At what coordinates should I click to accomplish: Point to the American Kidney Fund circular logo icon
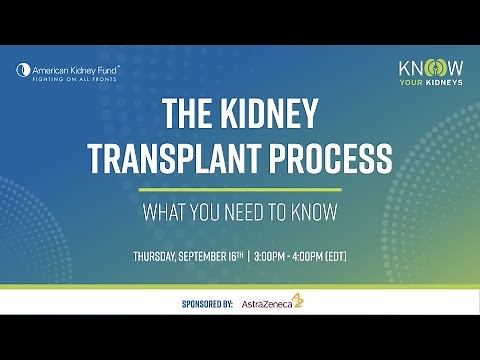(23, 71)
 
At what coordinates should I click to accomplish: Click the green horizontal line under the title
(240, 189)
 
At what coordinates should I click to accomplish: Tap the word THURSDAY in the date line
(157, 256)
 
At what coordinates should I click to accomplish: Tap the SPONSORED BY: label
(207, 301)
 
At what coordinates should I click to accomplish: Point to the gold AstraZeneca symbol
(298, 299)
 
